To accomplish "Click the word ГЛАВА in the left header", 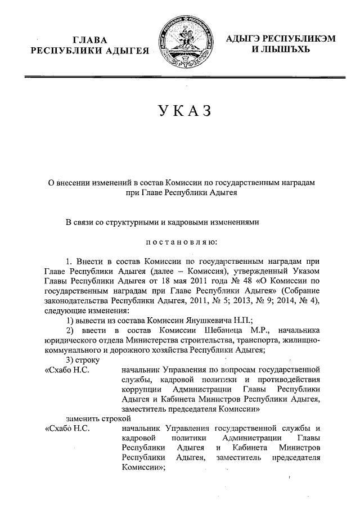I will tap(89, 40).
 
